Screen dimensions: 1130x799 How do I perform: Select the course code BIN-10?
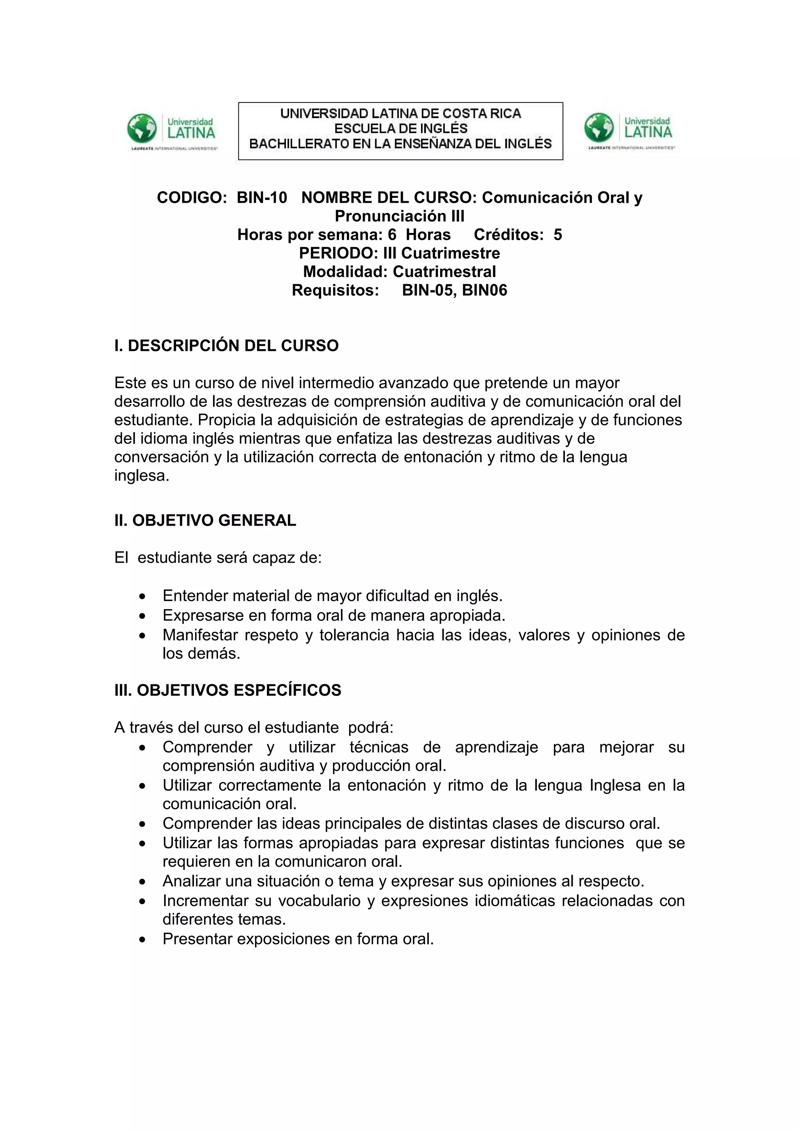pyautogui.click(x=261, y=197)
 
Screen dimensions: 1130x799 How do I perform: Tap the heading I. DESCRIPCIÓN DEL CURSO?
pyautogui.click(x=226, y=345)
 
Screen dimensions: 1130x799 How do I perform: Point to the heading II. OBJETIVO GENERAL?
pyautogui.click(x=205, y=520)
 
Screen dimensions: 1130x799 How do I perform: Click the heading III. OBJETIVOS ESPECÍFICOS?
pyautogui.click(x=227, y=690)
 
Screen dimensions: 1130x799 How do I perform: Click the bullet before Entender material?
pyautogui.click(x=142, y=597)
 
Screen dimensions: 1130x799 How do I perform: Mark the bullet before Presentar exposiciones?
pyautogui.click(x=142, y=940)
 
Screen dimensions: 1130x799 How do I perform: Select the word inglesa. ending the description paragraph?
pyautogui.click(x=142, y=476)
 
